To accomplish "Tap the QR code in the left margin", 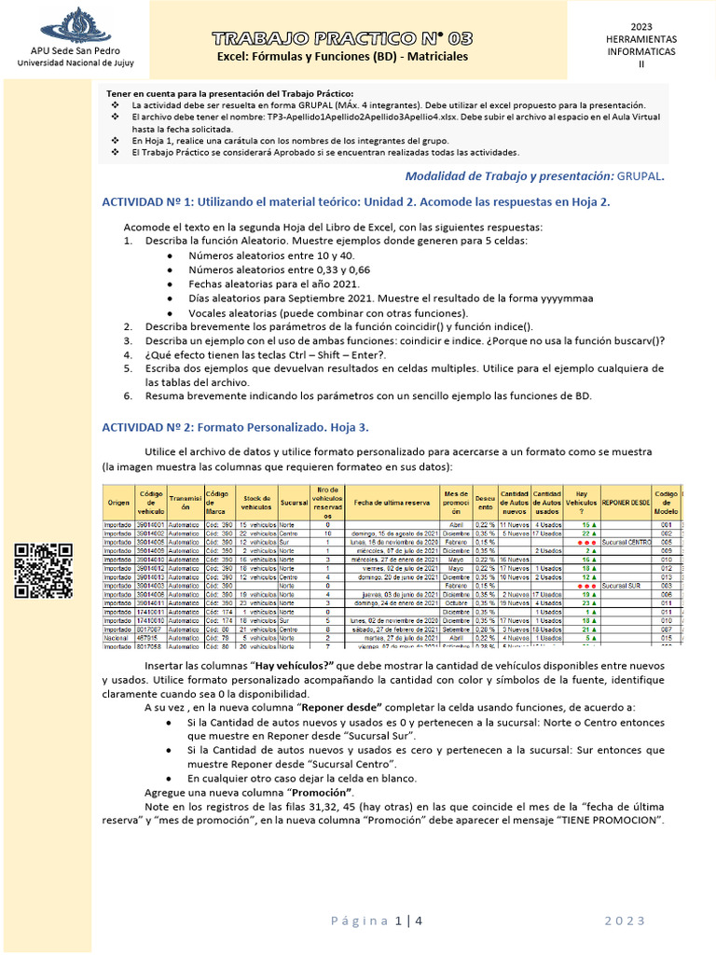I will point(44,571).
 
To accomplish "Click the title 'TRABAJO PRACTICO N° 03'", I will point(342,38).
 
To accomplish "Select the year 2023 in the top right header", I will point(641,26).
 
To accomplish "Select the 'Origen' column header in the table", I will point(118,502).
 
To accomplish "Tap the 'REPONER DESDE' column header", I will point(626,502).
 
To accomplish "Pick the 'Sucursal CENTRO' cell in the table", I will point(626,541).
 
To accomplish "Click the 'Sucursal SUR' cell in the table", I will point(622,586).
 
